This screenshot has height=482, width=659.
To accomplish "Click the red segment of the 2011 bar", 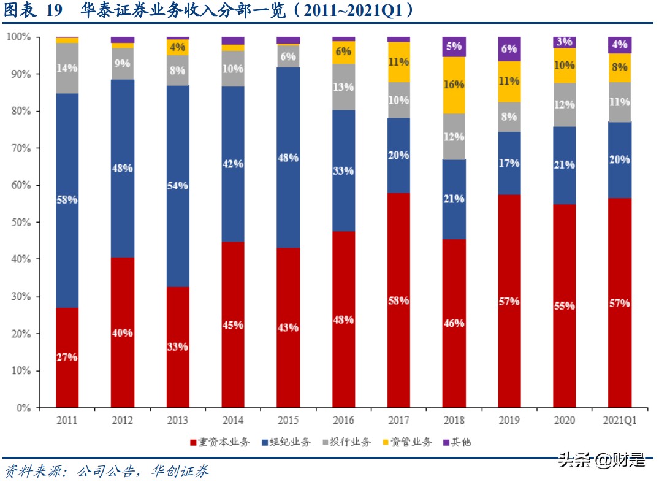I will (x=67, y=358).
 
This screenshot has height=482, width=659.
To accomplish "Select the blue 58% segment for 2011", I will (x=67, y=200).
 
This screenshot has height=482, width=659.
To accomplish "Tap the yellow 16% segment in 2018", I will (x=454, y=85).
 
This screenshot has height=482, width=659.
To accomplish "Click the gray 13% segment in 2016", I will (x=343, y=87).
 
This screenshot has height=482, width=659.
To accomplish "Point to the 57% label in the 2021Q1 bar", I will (x=620, y=303).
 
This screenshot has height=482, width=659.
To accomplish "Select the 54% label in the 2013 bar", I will (x=178, y=186).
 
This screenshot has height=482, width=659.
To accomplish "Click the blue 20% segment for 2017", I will (x=398, y=155).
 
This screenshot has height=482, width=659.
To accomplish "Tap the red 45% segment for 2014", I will (x=233, y=324).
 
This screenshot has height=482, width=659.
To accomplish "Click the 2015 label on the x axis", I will (x=288, y=421).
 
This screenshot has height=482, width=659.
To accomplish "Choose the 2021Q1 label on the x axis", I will (x=620, y=421).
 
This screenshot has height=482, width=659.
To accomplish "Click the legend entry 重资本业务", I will (x=220, y=442).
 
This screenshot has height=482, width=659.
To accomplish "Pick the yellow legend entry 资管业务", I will (x=407, y=442).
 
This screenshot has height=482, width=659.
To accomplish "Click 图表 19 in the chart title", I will (x=31, y=10).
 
